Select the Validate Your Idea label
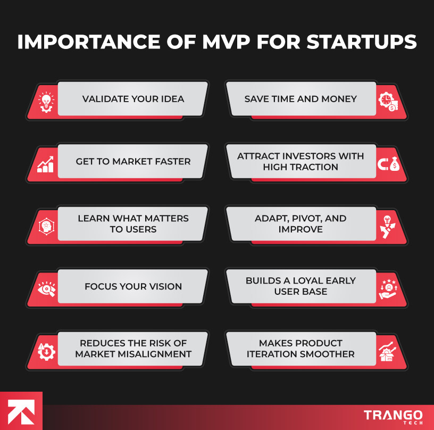[133, 99]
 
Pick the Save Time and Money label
[301, 99]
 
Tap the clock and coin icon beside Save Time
[388, 101]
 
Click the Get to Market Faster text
[133, 161]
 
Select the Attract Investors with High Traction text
[301, 161]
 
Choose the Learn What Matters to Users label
[133, 224]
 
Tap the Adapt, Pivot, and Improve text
[301, 224]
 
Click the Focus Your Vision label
[133, 286]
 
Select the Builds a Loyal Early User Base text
[301, 286]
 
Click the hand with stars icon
[388, 288]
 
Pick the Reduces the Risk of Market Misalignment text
[133, 349]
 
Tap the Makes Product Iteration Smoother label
[301, 349]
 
